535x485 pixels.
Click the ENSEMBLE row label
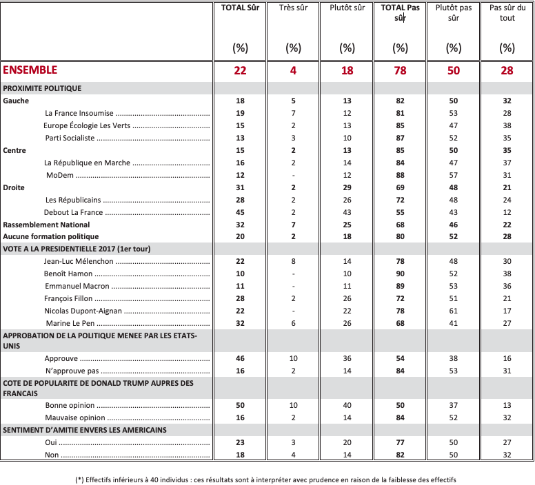tap(30, 70)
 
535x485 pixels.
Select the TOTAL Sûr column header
tap(240, 8)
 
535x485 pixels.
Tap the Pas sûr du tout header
tap(507, 13)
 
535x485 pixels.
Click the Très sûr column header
tap(293, 8)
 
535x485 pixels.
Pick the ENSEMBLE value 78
tap(400, 70)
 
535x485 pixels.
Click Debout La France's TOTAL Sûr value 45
tap(240, 212)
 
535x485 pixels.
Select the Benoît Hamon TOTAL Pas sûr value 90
tap(400, 274)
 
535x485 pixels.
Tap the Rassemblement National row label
tap(46, 225)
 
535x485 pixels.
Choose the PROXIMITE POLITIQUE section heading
tap(43, 88)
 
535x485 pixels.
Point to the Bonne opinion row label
tap(70, 405)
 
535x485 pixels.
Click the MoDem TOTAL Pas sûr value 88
tap(400, 175)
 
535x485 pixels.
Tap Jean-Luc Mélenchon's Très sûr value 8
tap(293, 262)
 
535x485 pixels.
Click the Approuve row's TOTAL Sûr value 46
tap(240, 359)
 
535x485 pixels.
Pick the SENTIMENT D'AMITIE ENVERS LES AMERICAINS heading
tap(85, 430)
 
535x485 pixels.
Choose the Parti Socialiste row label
tap(70, 138)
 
